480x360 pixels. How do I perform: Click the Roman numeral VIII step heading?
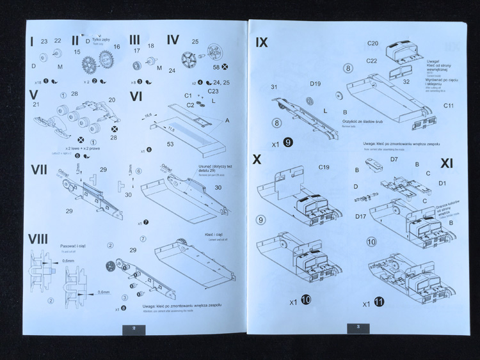click(x=38, y=239)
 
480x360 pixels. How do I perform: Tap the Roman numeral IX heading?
click(x=261, y=42)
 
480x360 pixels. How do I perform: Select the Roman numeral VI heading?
click(x=136, y=97)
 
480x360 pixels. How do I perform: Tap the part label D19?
click(x=315, y=84)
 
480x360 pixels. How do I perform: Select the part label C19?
click(x=324, y=168)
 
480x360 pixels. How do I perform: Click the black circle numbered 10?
click(x=306, y=299)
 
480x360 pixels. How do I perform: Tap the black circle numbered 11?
click(x=381, y=303)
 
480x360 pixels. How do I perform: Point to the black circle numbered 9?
click(x=289, y=143)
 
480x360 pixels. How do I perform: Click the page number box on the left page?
click(x=134, y=329)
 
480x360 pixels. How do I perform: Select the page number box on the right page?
click(x=358, y=328)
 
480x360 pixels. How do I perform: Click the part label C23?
click(x=213, y=91)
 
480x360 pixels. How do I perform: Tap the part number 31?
click(x=274, y=87)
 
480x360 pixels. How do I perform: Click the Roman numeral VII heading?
click(x=39, y=170)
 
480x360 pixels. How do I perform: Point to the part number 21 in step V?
click(x=36, y=104)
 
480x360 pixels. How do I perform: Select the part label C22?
click(x=372, y=61)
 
